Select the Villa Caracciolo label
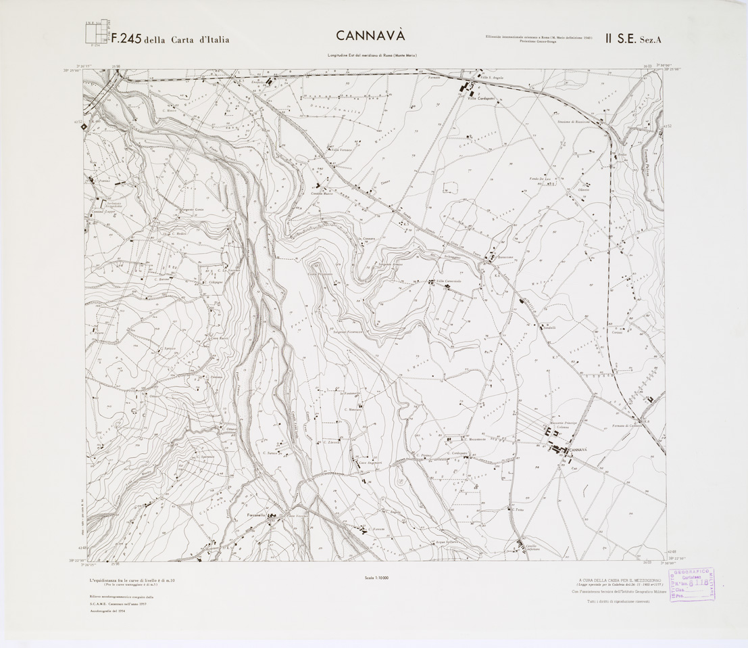(x=448, y=281)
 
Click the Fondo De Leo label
(x=541, y=179)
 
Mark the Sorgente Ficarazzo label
(x=348, y=332)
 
